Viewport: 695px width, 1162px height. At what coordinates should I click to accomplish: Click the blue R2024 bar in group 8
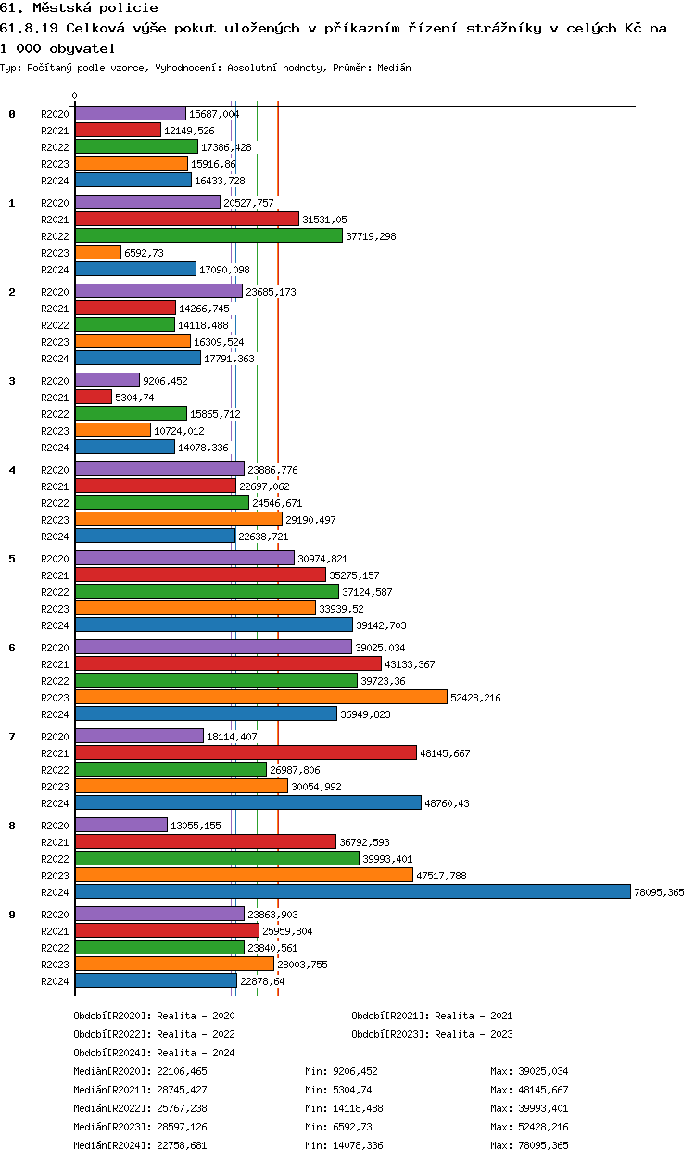(x=352, y=891)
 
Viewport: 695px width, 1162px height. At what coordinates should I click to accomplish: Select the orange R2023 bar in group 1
(x=97, y=253)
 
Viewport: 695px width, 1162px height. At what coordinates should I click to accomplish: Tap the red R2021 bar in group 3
(x=93, y=398)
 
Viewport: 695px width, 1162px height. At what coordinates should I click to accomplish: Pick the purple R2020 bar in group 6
(x=213, y=647)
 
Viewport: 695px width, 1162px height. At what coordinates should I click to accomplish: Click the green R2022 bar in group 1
(x=208, y=236)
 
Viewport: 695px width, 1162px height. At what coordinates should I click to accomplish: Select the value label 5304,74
(x=134, y=398)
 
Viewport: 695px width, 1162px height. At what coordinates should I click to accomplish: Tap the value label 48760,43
(x=447, y=803)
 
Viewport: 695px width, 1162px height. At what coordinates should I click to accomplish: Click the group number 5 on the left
(x=12, y=559)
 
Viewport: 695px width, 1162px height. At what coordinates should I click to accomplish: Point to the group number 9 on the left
(x=12, y=915)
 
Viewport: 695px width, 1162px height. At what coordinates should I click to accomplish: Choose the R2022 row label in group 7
(x=56, y=770)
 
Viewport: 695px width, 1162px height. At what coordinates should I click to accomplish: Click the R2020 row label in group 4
(x=56, y=470)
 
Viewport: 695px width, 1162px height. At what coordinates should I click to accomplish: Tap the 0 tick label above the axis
(x=75, y=95)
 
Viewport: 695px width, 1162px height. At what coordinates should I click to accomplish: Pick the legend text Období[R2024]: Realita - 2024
(x=154, y=1053)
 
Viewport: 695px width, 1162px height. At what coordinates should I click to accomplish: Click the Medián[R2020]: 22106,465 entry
(x=153, y=1071)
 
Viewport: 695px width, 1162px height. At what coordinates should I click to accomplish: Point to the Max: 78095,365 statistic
(x=529, y=1145)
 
